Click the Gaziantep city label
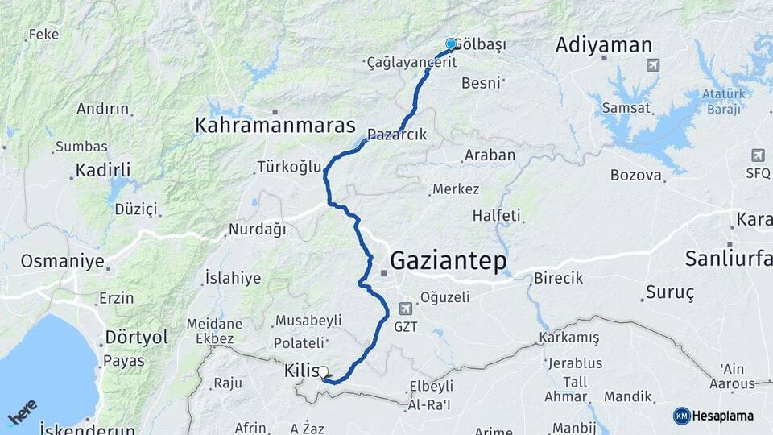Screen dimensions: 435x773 pyautogui.click(x=449, y=260)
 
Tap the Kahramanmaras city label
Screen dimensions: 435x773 pyautogui.click(x=275, y=126)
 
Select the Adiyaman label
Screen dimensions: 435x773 pyautogui.click(x=603, y=45)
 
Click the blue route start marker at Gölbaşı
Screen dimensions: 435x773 pyautogui.click(x=451, y=43)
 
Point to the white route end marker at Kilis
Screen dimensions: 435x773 pyautogui.click(x=324, y=372)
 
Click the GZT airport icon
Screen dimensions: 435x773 pyautogui.click(x=406, y=309)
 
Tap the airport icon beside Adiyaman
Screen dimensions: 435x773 pyautogui.click(x=652, y=64)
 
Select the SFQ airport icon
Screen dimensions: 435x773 pyautogui.click(x=758, y=155)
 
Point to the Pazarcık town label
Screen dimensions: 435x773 pyautogui.click(x=396, y=134)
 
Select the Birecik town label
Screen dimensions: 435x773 pyautogui.click(x=558, y=278)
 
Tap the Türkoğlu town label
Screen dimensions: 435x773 pyautogui.click(x=289, y=168)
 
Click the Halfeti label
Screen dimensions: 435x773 pyautogui.click(x=496, y=216)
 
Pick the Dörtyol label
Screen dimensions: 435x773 pyautogui.click(x=137, y=337)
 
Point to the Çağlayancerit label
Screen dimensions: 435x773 pyautogui.click(x=411, y=62)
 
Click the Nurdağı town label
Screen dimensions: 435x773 pyautogui.click(x=257, y=230)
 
